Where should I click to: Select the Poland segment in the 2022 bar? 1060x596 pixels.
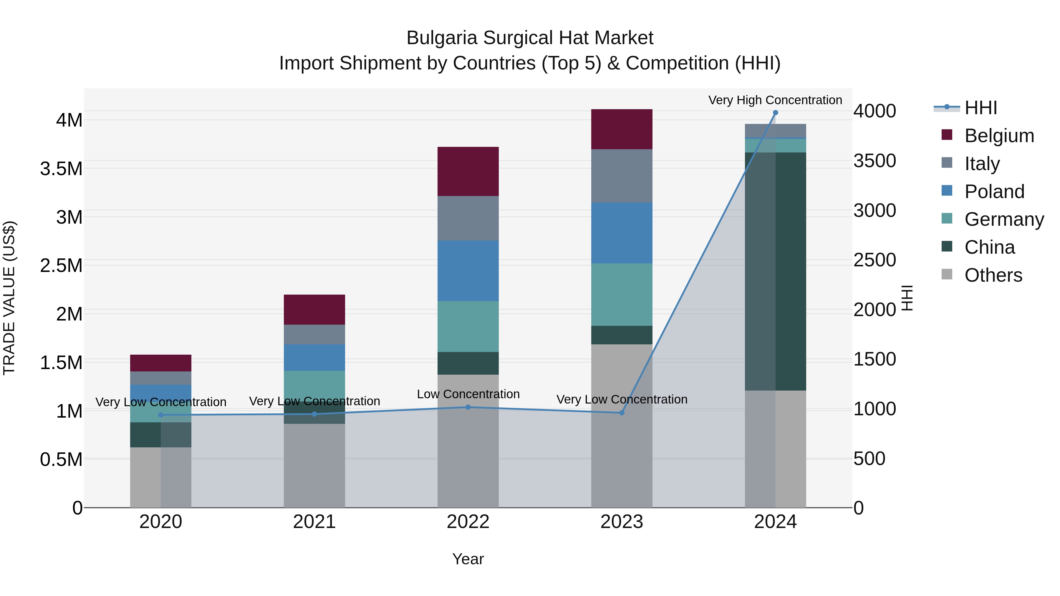(468, 271)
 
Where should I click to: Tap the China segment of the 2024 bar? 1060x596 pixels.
(775, 271)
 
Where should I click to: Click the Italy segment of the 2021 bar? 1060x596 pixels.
(314, 334)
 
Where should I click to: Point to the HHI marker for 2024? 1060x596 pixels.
(775, 113)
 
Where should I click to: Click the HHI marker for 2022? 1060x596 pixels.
(468, 407)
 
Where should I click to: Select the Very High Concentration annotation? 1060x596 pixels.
(775, 100)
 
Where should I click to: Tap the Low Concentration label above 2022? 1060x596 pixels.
(468, 394)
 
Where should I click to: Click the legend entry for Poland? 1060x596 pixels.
(994, 191)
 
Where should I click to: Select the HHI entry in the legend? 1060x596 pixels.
(980, 108)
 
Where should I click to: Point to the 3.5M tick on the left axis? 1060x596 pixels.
(61, 169)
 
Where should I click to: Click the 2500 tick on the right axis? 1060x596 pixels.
(874, 260)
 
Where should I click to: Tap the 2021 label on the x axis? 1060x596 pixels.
(314, 522)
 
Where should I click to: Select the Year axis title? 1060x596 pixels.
(468, 559)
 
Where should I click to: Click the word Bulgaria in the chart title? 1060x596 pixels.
(442, 38)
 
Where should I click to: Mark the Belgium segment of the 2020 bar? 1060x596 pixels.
(160, 363)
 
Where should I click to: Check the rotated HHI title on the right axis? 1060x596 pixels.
(907, 298)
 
